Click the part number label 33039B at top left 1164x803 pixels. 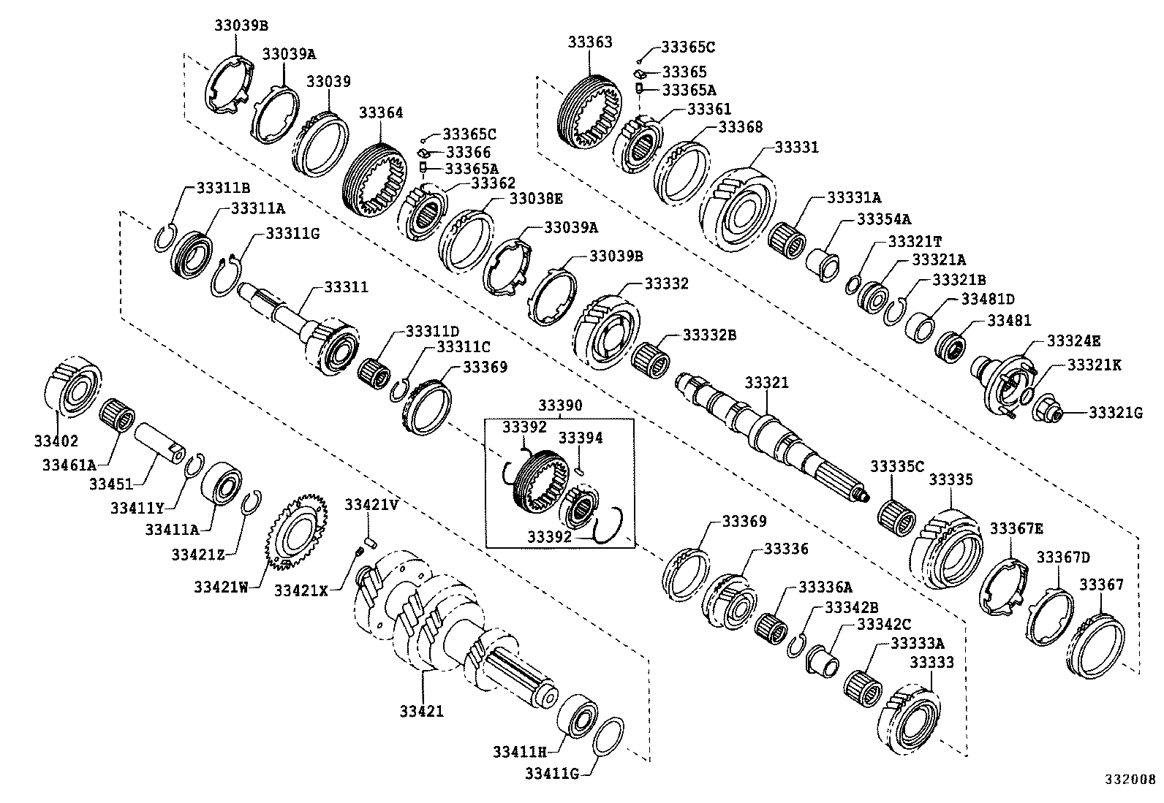coord(241,26)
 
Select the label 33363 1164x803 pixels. coord(590,42)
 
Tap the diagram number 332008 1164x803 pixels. coord(1130,779)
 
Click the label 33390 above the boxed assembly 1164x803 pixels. coord(560,406)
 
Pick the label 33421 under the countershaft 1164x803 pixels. coord(421,711)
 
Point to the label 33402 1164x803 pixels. coord(55,441)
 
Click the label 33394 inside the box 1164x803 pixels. coord(581,438)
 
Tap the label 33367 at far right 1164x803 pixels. coord(1101,585)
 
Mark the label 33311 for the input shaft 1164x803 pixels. coord(346,287)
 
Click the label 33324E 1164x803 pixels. coord(1073,341)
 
